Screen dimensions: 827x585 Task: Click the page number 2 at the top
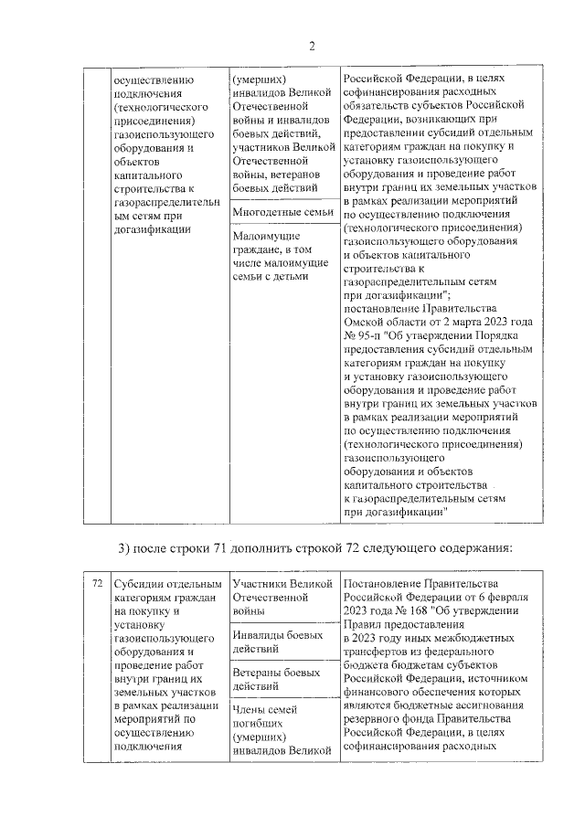pos(311,47)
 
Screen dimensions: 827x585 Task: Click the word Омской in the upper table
pos(366,321)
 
